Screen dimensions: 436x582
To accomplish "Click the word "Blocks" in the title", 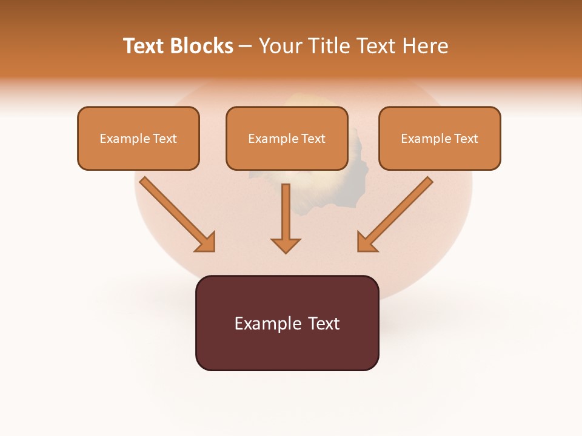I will point(203,46).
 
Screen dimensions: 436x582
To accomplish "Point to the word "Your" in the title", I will point(279,46).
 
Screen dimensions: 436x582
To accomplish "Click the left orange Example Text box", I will point(138,138).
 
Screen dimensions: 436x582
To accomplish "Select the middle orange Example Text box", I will point(287,138).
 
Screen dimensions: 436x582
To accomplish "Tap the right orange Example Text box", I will point(440,138).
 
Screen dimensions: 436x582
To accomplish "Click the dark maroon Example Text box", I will point(287,323).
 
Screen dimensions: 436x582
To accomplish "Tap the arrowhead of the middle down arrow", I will point(286,245).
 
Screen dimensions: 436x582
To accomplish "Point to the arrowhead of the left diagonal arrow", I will point(206,242).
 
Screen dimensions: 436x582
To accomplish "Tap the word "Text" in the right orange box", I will point(466,139).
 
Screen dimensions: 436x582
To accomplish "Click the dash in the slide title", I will point(246,46).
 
